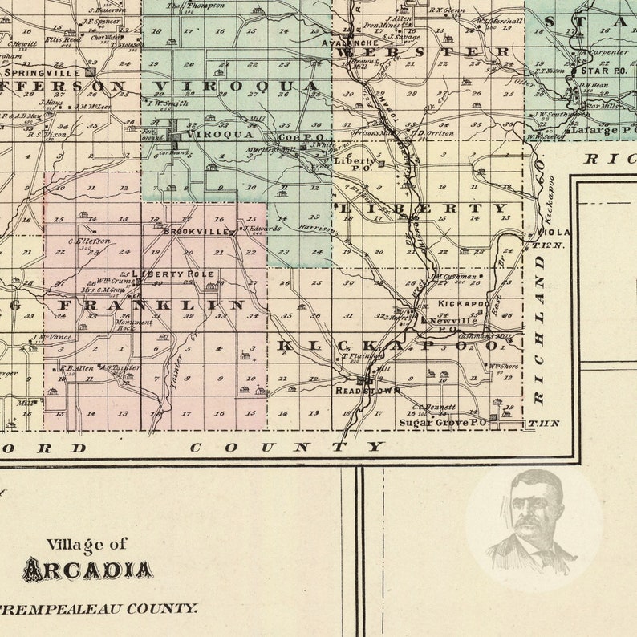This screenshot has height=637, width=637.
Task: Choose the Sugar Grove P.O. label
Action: [443, 421]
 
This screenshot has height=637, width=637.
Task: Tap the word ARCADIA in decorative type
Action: [87, 570]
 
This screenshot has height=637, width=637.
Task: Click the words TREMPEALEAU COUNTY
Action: [99, 609]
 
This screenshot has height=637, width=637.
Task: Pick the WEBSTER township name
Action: [424, 52]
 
